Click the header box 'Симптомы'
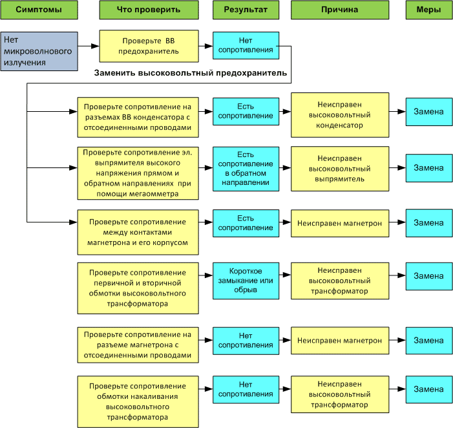click(x=39, y=10)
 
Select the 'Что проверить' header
click(x=149, y=10)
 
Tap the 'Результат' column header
click(x=246, y=10)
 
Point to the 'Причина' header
click(x=340, y=10)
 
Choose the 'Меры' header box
click(x=429, y=10)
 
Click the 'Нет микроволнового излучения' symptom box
click(x=39, y=51)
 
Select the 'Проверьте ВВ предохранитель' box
click(x=149, y=46)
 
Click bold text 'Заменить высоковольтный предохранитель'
click(x=191, y=73)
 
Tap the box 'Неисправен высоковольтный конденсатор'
click(x=340, y=114)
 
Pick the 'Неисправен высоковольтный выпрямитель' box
click(x=340, y=169)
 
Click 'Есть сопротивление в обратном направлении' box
click(x=246, y=169)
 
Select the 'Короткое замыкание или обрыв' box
click(x=246, y=281)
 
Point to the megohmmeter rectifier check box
click(x=138, y=173)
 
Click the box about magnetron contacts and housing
click(x=138, y=232)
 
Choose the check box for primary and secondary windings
click(x=138, y=288)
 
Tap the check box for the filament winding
click(x=138, y=401)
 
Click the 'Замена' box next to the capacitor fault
click(x=429, y=112)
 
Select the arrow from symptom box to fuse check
click(x=89, y=46)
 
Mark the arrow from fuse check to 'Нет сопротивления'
click(x=205, y=46)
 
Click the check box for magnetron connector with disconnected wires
click(x=138, y=345)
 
